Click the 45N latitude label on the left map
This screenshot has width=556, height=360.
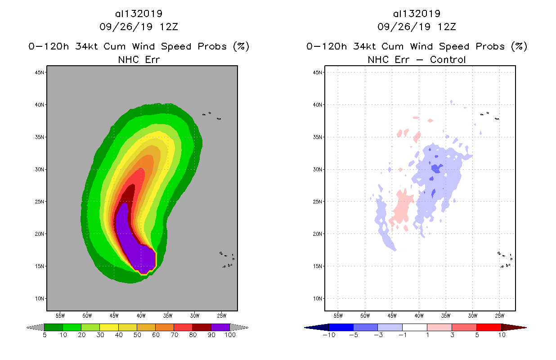[x=40, y=72]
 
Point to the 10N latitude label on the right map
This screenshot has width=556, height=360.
[x=318, y=298]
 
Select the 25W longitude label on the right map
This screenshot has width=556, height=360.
[x=499, y=315]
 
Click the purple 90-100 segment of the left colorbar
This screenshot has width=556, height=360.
[x=220, y=327]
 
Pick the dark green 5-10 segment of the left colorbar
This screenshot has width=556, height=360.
[x=54, y=327]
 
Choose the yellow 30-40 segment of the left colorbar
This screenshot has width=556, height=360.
[x=109, y=327]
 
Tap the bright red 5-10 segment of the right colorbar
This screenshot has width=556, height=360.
[x=489, y=327]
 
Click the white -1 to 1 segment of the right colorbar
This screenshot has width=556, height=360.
[x=414, y=327]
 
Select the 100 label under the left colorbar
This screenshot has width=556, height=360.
[x=230, y=335]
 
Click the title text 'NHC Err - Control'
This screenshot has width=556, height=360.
[x=417, y=59]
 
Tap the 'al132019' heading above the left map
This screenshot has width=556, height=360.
[x=139, y=13]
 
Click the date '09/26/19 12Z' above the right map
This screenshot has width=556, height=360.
[x=417, y=27]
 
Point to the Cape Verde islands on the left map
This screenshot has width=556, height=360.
[x=228, y=260]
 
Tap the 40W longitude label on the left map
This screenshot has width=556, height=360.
[x=141, y=315]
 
